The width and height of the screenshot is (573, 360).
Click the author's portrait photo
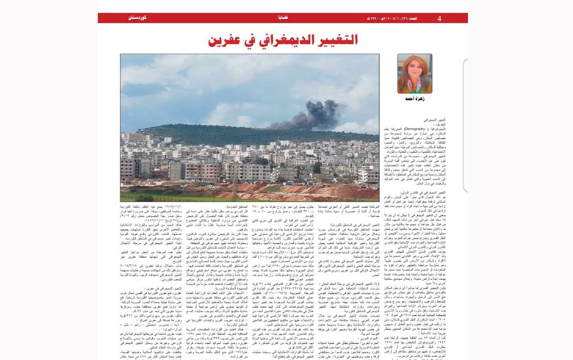pyautogui.click(x=414, y=73)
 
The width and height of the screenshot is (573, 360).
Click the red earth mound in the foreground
pyautogui.click(x=294, y=192)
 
